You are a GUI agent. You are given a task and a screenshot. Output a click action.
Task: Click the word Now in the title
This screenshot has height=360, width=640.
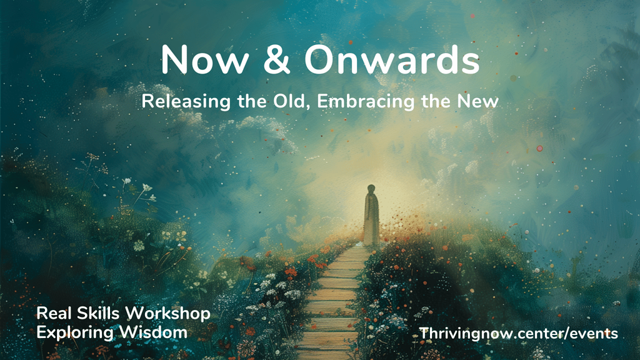point(205,59)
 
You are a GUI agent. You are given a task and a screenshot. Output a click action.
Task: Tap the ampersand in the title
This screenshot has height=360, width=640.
point(276,59)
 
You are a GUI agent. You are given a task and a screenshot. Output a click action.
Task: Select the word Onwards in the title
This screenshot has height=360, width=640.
point(392,59)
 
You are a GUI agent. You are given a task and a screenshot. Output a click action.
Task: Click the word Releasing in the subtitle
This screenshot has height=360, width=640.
point(186,101)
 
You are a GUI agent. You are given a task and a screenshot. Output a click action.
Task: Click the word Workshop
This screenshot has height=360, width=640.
point(167,314)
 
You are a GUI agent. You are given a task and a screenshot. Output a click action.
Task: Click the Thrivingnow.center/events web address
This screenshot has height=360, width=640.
point(518,334)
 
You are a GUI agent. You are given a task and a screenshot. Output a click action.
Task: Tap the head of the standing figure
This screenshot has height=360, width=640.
point(371,189)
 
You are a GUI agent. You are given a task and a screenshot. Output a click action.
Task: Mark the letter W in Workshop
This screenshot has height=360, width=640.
point(135,314)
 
